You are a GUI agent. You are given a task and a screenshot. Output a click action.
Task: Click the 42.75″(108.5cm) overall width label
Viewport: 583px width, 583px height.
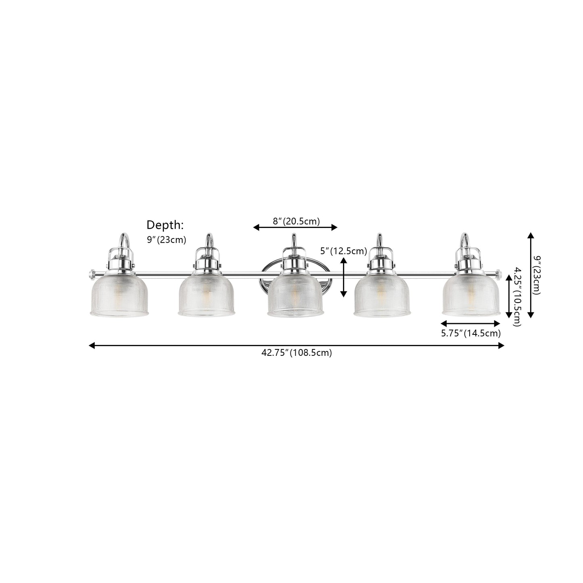(x=297, y=353)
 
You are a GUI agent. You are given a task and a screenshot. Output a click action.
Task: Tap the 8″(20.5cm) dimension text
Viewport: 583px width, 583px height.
(x=296, y=221)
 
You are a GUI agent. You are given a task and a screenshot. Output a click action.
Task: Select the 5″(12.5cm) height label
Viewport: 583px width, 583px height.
(x=343, y=251)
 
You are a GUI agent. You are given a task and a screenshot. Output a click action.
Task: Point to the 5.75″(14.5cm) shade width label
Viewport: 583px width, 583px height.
(x=470, y=333)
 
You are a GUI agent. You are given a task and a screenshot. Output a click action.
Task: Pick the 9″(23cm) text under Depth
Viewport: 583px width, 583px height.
(x=166, y=240)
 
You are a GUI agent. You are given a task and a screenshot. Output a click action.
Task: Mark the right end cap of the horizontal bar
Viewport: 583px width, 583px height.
(x=499, y=274)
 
